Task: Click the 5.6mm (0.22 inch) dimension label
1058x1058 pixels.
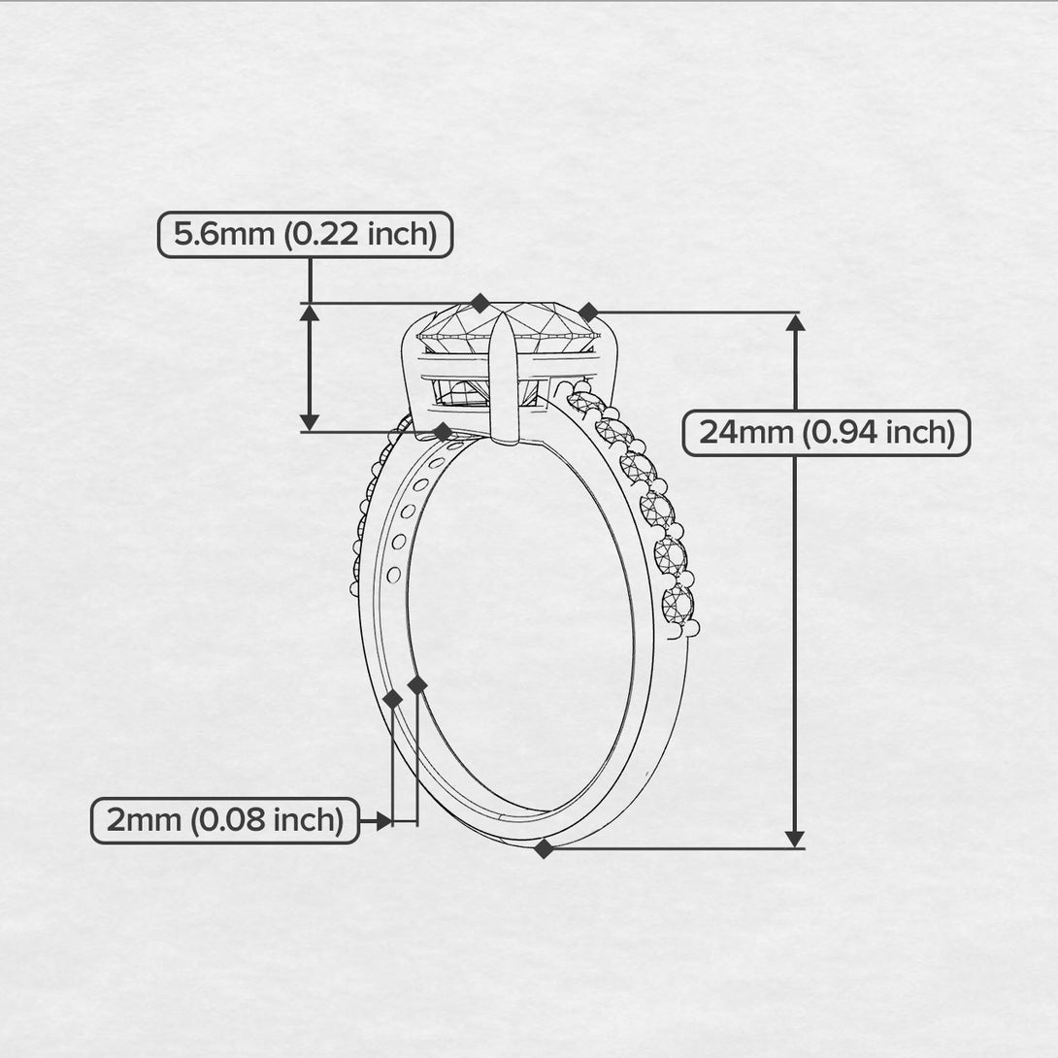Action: [305, 235]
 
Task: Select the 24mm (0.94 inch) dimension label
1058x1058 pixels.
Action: [826, 433]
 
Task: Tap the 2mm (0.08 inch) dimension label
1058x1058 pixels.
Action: [225, 821]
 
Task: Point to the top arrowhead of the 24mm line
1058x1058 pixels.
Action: [795, 323]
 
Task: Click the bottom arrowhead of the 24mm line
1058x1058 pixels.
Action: [795, 838]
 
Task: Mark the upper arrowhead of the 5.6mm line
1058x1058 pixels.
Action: [310, 313]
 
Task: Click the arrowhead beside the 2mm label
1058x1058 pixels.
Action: [382, 821]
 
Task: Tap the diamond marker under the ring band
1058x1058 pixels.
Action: [544, 848]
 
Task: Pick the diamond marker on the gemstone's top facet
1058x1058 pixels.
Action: [479, 303]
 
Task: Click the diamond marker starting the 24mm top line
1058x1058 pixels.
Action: [588, 312]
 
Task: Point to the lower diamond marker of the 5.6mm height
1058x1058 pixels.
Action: [443, 431]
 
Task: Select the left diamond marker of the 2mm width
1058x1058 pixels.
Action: [392, 699]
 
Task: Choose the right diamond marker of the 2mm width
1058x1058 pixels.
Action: [417, 685]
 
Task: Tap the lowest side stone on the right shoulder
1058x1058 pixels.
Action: [678, 605]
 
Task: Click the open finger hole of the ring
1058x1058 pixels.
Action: [519, 621]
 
